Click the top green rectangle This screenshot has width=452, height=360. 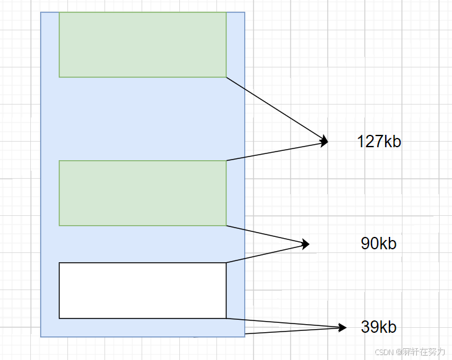click(x=143, y=45)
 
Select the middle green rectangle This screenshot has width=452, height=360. click(x=143, y=193)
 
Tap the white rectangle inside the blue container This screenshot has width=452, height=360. click(x=143, y=290)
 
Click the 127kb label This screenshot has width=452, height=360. click(x=379, y=142)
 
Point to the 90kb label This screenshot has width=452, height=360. click(x=378, y=244)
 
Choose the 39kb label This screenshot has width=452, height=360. click(x=378, y=327)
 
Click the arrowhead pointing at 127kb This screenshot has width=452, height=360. click(x=324, y=142)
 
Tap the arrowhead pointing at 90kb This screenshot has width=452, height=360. click(x=305, y=244)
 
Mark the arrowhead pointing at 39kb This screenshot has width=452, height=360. click(x=343, y=327)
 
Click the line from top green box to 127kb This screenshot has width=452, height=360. click(x=275, y=109)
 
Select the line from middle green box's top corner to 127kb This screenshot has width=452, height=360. click(x=275, y=152)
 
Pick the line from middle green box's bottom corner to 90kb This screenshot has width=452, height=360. click(x=266, y=234)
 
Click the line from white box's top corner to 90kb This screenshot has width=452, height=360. click(x=266, y=253)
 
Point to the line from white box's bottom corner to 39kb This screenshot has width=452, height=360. click(x=284, y=322)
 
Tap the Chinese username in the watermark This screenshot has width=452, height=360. click(x=424, y=352)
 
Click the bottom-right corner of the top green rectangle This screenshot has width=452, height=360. click(x=226, y=77)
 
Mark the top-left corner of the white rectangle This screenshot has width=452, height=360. click(x=59, y=263)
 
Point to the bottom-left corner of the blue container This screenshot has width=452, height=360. click(x=41, y=336)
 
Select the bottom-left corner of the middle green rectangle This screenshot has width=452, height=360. click(x=59, y=225)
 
